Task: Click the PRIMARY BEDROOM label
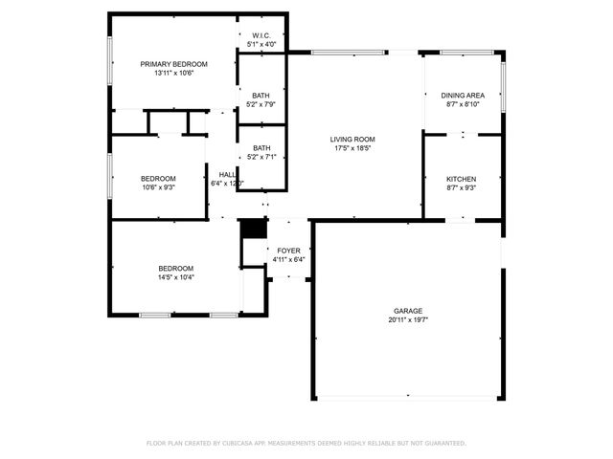[x=173, y=64]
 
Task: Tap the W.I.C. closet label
[x=261, y=35]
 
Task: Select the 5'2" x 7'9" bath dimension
[x=261, y=104]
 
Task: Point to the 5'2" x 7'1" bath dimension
[x=261, y=157]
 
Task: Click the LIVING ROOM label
[x=352, y=139]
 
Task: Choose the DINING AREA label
[x=463, y=96]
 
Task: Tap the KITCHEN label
[x=462, y=180]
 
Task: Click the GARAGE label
[x=407, y=311]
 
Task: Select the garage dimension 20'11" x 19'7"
[x=407, y=320]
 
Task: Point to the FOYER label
[x=288, y=251]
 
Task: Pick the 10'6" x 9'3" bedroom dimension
[x=158, y=188]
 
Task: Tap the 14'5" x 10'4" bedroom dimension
[x=175, y=277]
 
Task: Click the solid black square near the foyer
[x=253, y=229]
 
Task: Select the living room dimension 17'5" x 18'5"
[x=352, y=148]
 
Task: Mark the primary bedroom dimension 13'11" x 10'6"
[x=173, y=74]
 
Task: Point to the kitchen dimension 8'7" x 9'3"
[x=462, y=189]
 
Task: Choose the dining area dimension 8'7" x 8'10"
[x=463, y=105]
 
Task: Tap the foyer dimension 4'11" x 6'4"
[x=288, y=259]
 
